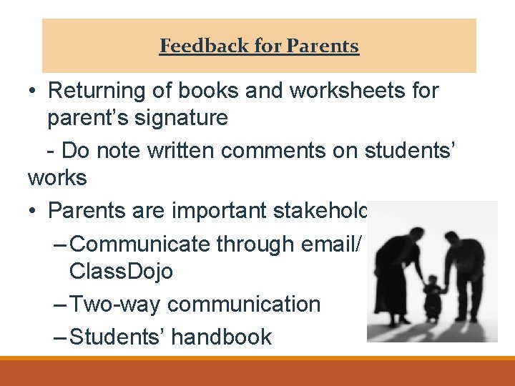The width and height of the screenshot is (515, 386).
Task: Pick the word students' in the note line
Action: coord(415,150)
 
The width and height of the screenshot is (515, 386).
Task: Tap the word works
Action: coord(57,177)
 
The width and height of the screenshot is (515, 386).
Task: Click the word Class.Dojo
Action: coord(121,272)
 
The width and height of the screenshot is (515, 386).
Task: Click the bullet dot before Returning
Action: coord(34,91)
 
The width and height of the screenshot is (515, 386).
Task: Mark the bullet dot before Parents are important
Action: coord(34,211)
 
